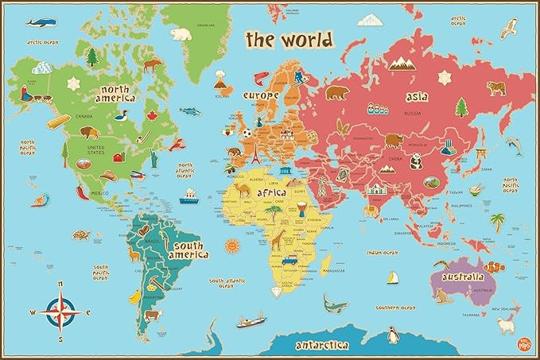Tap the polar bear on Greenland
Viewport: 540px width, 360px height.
pos(182,35)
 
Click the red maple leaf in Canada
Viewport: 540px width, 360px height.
pos(150,117)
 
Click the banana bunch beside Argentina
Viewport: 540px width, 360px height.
pos(135,296)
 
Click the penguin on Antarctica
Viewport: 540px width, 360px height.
pos(392,336)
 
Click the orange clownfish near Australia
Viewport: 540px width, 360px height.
pos(493,267)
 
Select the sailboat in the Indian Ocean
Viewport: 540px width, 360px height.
pos(391,278)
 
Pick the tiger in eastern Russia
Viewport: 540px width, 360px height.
pos(495,87)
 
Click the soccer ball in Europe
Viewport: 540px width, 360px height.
pos(247,134)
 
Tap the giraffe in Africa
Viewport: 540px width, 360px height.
pos(278,238)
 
